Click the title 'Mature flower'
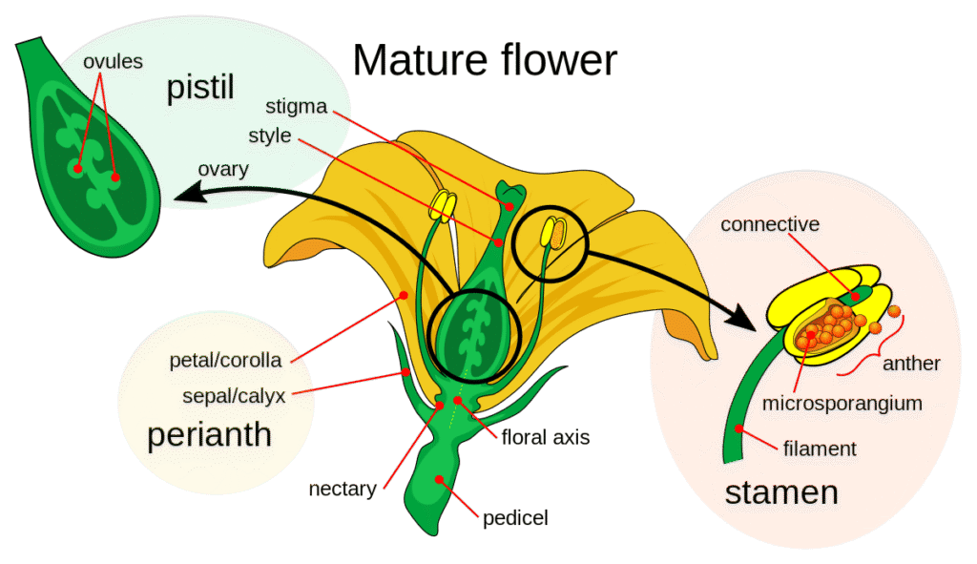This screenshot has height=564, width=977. tap(485, 60)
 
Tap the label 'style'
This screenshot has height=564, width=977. tap(269, 136)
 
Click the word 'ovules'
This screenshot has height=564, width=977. tap(112, 62)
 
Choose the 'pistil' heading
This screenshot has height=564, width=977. tap(201, 91)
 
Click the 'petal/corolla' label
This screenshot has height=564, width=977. tap(225, 362)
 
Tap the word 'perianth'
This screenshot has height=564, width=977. tap(209, 437)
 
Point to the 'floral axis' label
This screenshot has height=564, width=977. tap(547, 438)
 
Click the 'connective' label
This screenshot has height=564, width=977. tap(770, 226)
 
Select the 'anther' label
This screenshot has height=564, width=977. tap(912, 365)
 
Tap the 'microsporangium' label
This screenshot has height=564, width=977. tap(842, 404)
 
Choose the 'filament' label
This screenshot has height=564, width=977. tap(819, 447)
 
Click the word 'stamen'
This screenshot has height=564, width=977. tap(781, 493)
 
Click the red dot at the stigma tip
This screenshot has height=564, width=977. tap(510, 205)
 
